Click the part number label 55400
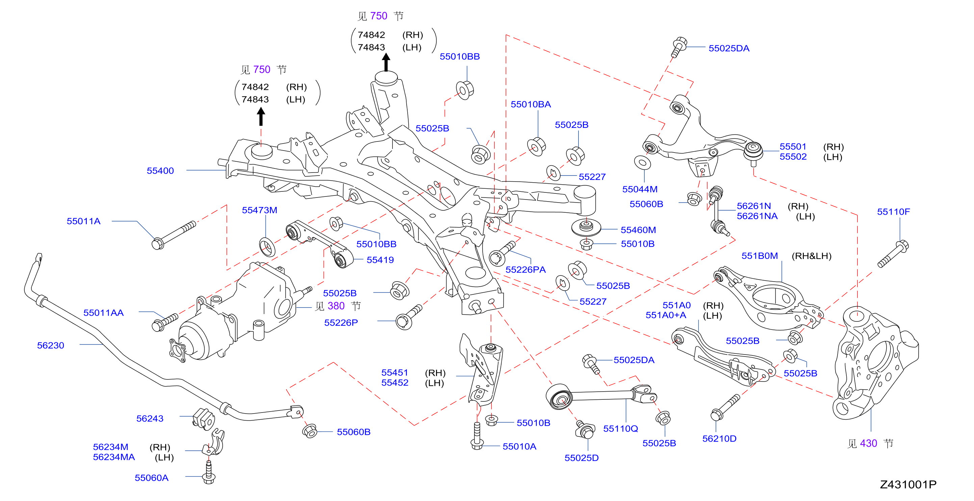[160, 171]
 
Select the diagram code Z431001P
[908, 484]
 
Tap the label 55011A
[83, 221]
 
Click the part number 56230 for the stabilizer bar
[51, 345]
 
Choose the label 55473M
[259, 210]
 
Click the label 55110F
[894, 212]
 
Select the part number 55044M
[640, 189]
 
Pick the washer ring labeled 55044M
[642, 163]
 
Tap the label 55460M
[638, 230]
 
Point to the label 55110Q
[620, 429]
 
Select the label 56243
[150, 419]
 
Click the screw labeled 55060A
[209, 472]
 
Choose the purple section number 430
[869, 444]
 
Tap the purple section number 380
[336, 306]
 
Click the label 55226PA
[526, 270]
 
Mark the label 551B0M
[760, 256]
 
